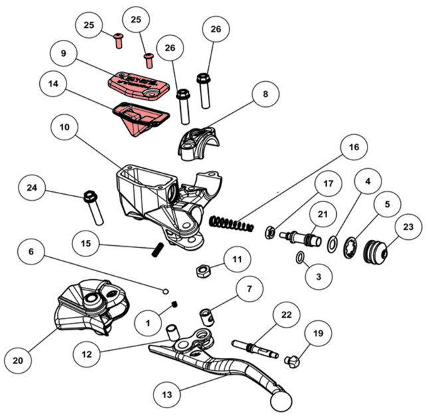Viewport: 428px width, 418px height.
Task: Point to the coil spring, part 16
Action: pyautogui.click(x=231, y=224)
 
